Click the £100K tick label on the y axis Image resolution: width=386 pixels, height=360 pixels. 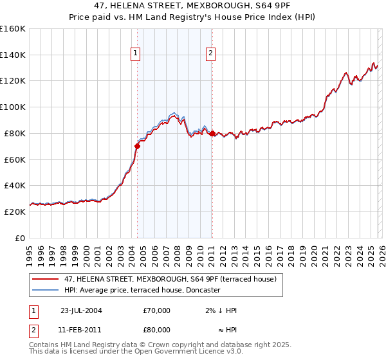point(12,107)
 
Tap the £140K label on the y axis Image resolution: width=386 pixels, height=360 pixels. point(12,55)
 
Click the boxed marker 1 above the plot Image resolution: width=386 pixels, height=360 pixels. point(136,54)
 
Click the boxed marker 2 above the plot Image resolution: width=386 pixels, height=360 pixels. point(211,54)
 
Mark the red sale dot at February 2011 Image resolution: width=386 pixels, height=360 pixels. point(212,133)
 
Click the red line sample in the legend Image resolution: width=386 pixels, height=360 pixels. point(46,279)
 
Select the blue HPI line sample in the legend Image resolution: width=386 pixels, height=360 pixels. point(46,290)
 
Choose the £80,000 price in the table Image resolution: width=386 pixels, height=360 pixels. point(157,329)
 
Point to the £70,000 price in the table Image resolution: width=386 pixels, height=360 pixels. point(157,310)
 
